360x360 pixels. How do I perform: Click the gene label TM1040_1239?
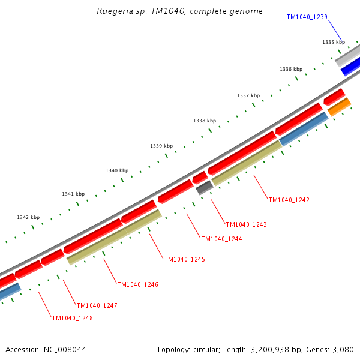point(307,17)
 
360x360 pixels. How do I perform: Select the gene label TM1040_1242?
point(289,200)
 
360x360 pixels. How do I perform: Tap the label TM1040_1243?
point(246,224)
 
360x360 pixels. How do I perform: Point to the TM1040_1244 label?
point(221,239)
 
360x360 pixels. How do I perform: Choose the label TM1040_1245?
point(184,259)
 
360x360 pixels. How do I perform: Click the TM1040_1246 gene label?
point(137,284)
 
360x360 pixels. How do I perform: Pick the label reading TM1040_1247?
point(97,305)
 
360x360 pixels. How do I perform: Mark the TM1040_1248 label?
point(72,318)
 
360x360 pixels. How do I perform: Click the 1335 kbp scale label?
point(334,42)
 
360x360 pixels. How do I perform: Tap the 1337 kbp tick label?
point(248,95)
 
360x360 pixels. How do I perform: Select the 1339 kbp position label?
point(161,146)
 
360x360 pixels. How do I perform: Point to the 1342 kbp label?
point(28,217)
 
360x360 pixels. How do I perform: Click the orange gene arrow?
point(339,107)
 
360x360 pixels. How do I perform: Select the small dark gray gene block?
point(205,188)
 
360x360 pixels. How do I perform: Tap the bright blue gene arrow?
point(351,66)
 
